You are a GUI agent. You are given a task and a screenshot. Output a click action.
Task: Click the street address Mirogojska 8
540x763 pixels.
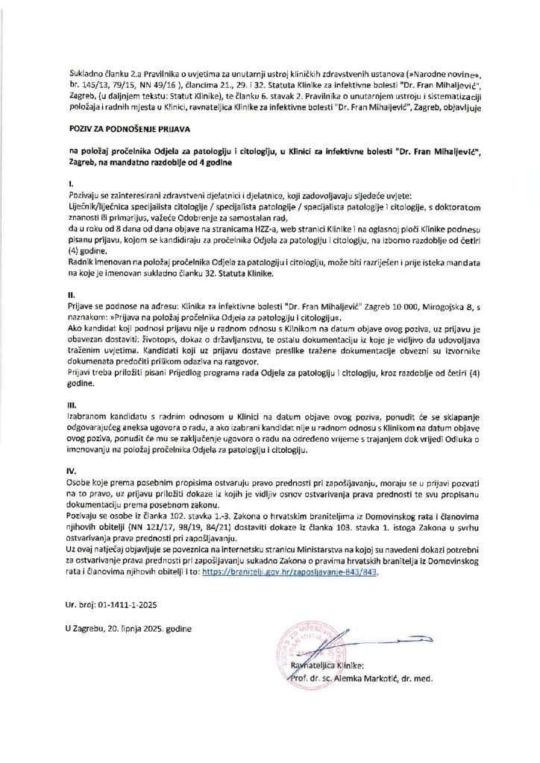(x=435, y=304)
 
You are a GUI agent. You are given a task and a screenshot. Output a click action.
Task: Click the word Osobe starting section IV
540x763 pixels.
(x=78, y=483)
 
